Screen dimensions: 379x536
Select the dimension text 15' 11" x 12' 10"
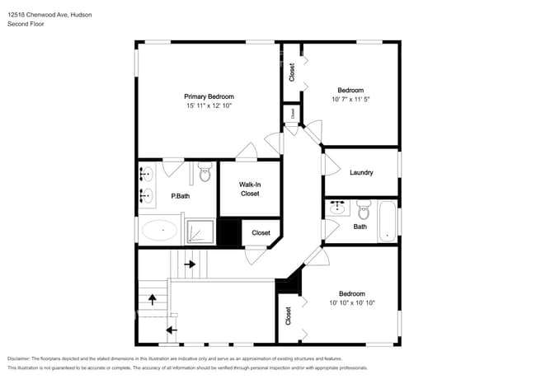(209, 105)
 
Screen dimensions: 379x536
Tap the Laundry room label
(361, 173)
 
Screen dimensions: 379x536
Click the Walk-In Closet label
(250, 189)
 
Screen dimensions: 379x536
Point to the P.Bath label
(180, 196)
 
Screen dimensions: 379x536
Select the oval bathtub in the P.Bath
(159, 231)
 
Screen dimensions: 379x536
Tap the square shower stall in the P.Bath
(200, 232)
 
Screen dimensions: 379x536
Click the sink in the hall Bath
(337, 207)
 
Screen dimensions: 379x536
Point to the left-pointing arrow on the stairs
(172, 330)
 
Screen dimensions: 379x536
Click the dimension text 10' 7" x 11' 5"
(350, 99)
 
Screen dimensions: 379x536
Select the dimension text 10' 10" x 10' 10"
(352, 303)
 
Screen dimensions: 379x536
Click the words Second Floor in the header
(26, 24)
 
